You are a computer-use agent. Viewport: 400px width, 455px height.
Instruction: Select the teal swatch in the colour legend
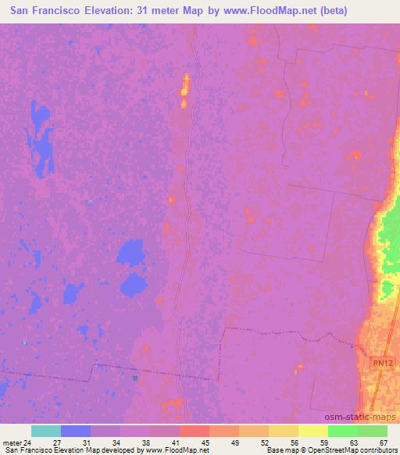click(x=45, y=431)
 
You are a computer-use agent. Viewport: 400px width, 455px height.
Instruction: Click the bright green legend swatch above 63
click(x=342, y=431)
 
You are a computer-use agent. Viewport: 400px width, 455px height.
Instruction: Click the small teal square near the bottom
click(x=135, y=378)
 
